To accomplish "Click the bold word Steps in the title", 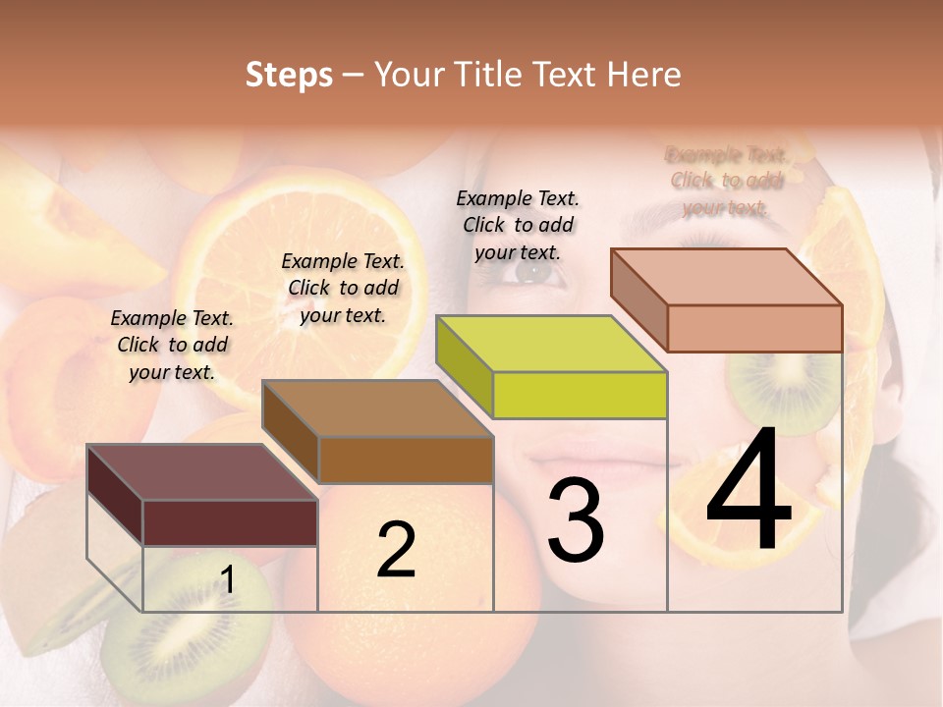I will point(289,75).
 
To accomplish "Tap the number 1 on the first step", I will point(227,580).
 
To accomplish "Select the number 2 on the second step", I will point(396,549).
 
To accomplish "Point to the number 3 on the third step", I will point(576,520).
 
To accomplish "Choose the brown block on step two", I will point(405,458).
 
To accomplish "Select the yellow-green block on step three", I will point(580,393).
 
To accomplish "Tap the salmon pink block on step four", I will point(753,326).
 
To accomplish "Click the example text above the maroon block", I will point(172,345).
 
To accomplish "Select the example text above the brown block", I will point(343,288).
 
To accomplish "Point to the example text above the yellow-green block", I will point(518,225).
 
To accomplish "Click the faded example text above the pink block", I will point(727,181).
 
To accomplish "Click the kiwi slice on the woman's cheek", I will point(781,393).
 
